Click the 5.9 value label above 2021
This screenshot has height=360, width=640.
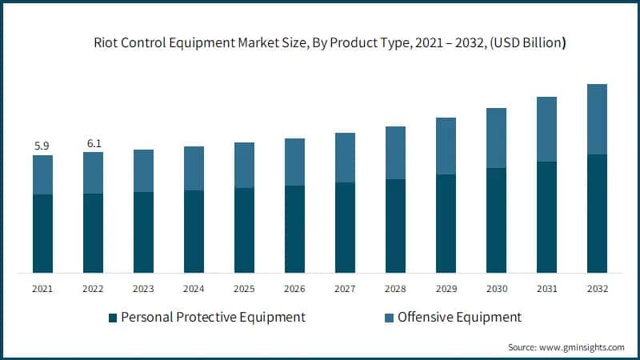pos(42,146)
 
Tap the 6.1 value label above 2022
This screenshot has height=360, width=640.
pos(93,143)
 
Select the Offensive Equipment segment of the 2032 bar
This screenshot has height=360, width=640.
pos(597,119)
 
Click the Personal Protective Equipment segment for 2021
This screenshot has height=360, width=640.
pos(42,234)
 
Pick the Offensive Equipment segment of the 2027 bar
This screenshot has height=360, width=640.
pos(345,158)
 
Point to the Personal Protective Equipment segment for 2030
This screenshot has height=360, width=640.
pos(496,220)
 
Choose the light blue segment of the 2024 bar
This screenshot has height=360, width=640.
pos(194,168)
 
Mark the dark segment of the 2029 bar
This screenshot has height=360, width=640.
pos(446,223)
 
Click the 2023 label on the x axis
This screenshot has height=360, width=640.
pos(143,288)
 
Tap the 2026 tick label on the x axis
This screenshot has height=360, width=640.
pos(294,288)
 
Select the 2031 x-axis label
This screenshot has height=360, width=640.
pos(546,288)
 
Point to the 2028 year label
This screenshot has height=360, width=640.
pos(395,288)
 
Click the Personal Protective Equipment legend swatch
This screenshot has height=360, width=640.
pos(113,318)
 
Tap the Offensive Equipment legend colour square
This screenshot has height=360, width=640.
pos(389,318)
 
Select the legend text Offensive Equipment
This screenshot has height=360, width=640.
pos(459,317)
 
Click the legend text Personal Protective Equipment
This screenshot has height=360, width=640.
pos(213,317)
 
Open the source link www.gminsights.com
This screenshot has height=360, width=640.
pos(582,347)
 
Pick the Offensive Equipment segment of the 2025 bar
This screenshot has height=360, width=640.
pos(244,165)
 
